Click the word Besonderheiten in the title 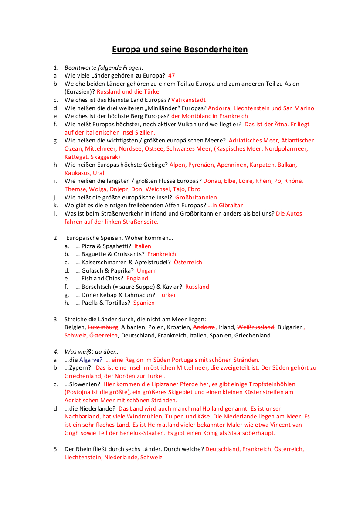pyautogui.click(x=217, y=50)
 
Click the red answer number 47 pyautogui.click(x=171, y=75)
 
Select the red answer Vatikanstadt pyautogui.click(x=188, y=100)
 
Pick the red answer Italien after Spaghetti pyautogui.click(x=143, y=246)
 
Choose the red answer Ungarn pyautogui.click(x=147, y=270)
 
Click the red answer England pyautogui.click(x=137, y=279)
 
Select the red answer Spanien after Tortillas pyautogui.click(x=144, y=303)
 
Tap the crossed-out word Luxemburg pyautogui.click(x=103, y=327)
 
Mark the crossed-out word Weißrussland pyautogui.click(x=255, y=327)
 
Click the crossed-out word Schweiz pyautogui.click(x=75, y=335)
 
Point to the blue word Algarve pyautogui.click(x=91, y=360)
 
